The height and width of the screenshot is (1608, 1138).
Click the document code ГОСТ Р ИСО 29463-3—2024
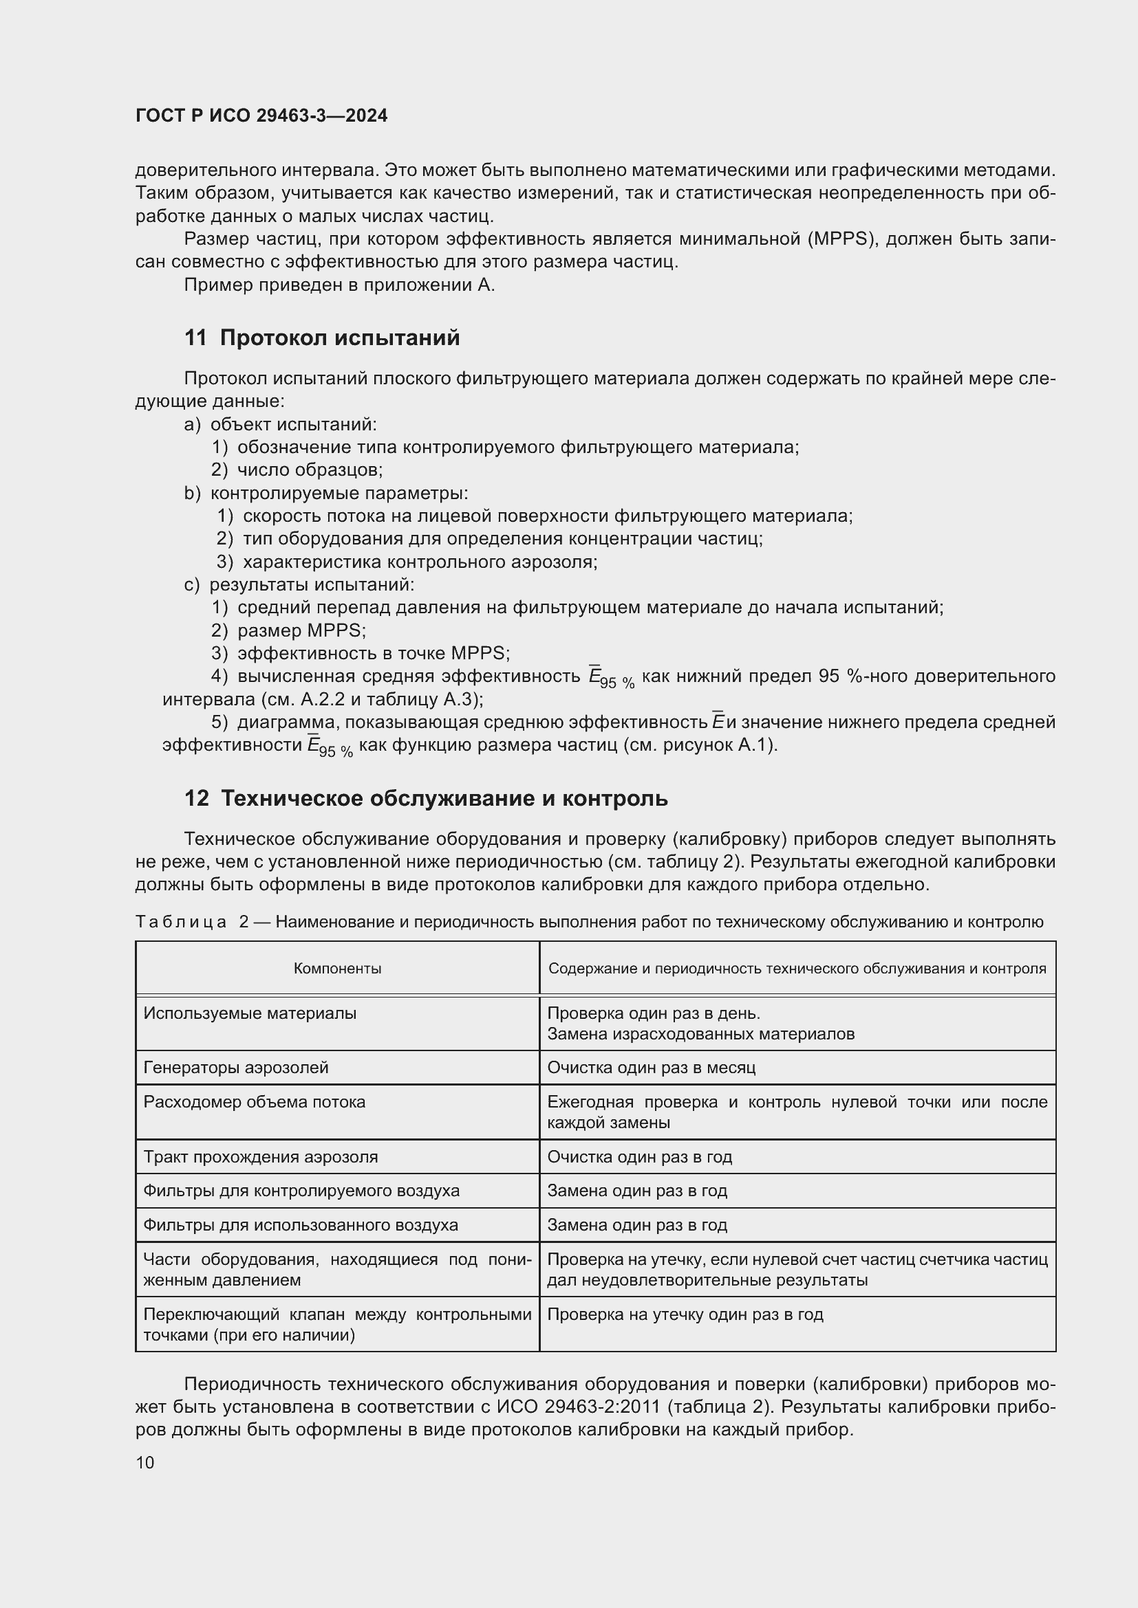(261, 115)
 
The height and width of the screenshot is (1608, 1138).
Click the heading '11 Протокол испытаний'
(321, 338)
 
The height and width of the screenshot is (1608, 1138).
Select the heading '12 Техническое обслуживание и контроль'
(426, 797)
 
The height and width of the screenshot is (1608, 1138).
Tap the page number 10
(145, 1462)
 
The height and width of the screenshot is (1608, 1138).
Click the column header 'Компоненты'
(337, 969)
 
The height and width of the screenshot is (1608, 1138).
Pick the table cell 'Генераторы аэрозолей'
(235, 1068)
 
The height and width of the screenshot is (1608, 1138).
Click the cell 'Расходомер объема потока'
(255, 1101)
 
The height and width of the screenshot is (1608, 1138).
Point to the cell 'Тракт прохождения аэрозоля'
(260, 1157)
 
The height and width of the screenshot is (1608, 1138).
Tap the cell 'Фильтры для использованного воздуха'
(301, 1225)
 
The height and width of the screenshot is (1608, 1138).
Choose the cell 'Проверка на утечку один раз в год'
(685, 1314)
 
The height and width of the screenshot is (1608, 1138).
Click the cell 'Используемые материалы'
(250, 1013)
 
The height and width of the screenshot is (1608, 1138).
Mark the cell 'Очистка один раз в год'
(639, 1157)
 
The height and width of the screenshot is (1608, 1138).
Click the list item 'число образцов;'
(310, 470)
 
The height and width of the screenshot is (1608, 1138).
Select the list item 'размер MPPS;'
(301, 630)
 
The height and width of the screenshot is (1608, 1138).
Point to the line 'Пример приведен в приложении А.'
(339, 285)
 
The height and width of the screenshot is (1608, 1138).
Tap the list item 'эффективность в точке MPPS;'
(373, 653)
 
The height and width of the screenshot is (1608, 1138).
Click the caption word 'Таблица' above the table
(181, 922)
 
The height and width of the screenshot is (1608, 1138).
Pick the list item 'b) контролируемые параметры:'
(327, 493)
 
